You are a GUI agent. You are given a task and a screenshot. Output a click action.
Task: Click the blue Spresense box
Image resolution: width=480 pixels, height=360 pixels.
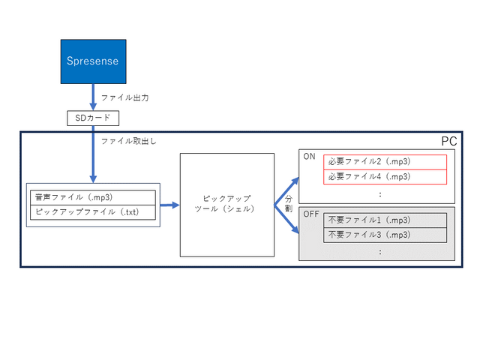(x=93, y=61)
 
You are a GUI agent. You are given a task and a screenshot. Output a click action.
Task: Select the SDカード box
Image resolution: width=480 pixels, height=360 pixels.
(x=93, y=118)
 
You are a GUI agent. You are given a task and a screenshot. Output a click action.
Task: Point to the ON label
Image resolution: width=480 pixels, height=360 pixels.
(x=309, y=157)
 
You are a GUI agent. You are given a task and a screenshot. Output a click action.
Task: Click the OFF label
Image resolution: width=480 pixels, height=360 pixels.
(x=311, y=214)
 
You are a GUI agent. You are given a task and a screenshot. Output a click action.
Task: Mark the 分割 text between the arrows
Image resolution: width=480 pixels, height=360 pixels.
(x=288, y=205)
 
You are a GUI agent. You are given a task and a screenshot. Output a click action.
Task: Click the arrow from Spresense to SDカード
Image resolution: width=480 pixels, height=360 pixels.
(x=93, y=97)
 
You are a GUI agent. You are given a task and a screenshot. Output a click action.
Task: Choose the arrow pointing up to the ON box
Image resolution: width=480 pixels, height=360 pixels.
(x=287, y=188)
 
